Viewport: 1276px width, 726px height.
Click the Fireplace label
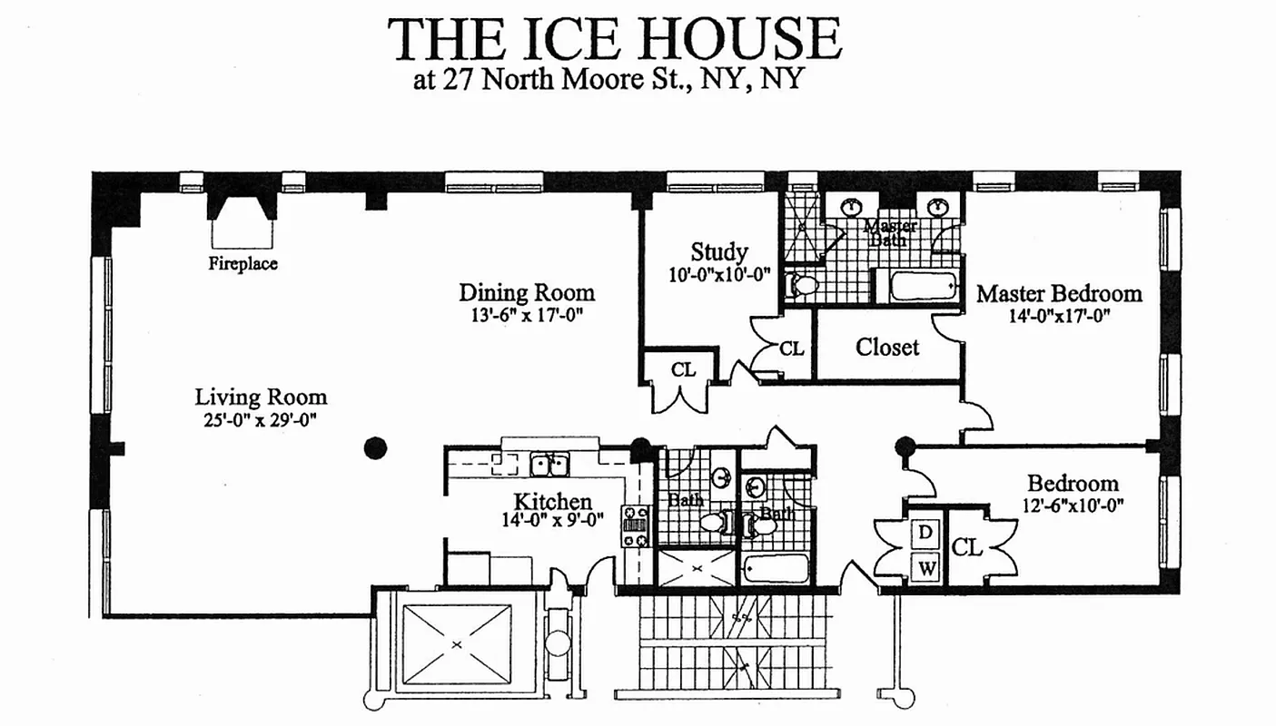[x=242, y=264]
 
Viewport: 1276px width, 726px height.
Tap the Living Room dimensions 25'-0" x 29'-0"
[x=261, y=420]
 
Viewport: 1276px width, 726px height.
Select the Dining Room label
[x=527, y=292]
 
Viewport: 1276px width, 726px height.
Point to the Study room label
[x=718, y=251]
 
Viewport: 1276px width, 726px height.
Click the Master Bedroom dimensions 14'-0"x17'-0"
[x=1059, y=316]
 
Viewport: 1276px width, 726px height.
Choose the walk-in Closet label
[x=887, y=347]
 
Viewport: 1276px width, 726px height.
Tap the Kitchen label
[x=553, y=501]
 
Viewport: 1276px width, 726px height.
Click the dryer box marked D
[x=925, y=533]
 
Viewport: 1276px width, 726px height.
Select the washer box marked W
[x=925, y=570]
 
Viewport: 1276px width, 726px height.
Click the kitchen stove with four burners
[x=635, y=525]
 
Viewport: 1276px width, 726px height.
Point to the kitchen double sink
[x=549, y=465]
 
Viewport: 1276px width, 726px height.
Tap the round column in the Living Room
[x=375, y=447]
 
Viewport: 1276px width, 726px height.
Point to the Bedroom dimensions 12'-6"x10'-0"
[x=1072, y=505]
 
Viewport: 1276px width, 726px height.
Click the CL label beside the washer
[x=968, y=547]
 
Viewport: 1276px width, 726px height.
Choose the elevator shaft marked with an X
[x=457, y=643]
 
